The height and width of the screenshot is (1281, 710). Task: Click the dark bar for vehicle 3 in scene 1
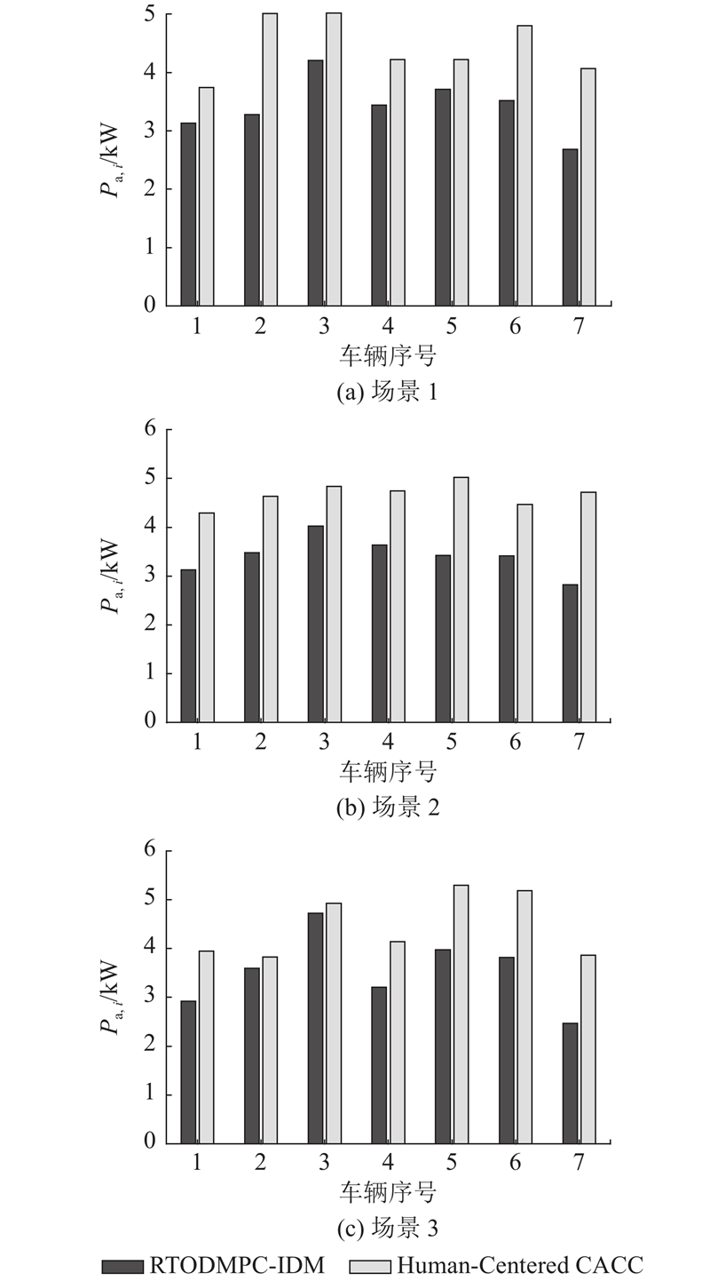pos(315,182)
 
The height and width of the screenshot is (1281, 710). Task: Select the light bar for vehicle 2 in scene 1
pos(270,159)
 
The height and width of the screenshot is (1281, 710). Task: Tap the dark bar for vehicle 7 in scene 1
pos(570,227)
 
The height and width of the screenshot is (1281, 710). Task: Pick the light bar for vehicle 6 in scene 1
pos(525,165)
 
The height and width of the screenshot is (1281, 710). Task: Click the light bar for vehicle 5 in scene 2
pos(461,600)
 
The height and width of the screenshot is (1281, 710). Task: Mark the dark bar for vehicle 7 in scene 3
pos(570,1083)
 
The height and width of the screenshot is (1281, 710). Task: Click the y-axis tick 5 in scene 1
pos(148,14)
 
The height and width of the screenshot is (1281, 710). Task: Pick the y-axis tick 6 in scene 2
pos(148,430)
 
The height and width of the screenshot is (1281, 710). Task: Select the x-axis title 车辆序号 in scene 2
pos(388,770)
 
